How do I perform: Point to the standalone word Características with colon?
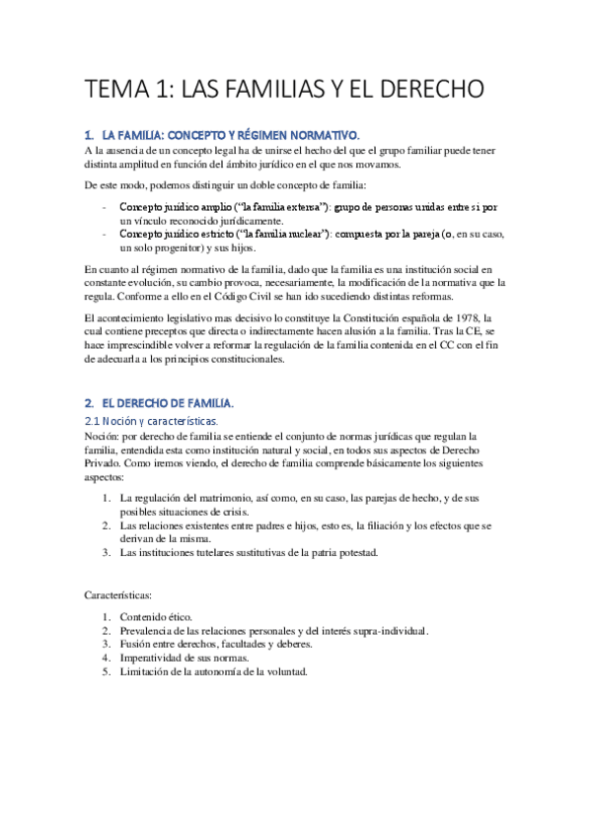tap(118, 594)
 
